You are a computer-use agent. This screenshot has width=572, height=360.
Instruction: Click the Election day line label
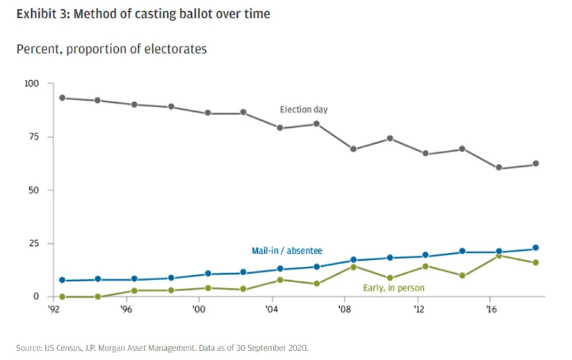(x=303, y=110)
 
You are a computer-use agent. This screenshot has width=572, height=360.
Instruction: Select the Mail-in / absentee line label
(x=286, y=250)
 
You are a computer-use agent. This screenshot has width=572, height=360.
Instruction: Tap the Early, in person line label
(x=393, y=287)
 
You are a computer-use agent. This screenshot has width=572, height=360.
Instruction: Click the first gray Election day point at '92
(x=63, y=98)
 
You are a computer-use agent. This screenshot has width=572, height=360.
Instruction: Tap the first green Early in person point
(x=63, y=297)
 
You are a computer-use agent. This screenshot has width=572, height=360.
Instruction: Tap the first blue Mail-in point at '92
(x=63, y=280)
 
